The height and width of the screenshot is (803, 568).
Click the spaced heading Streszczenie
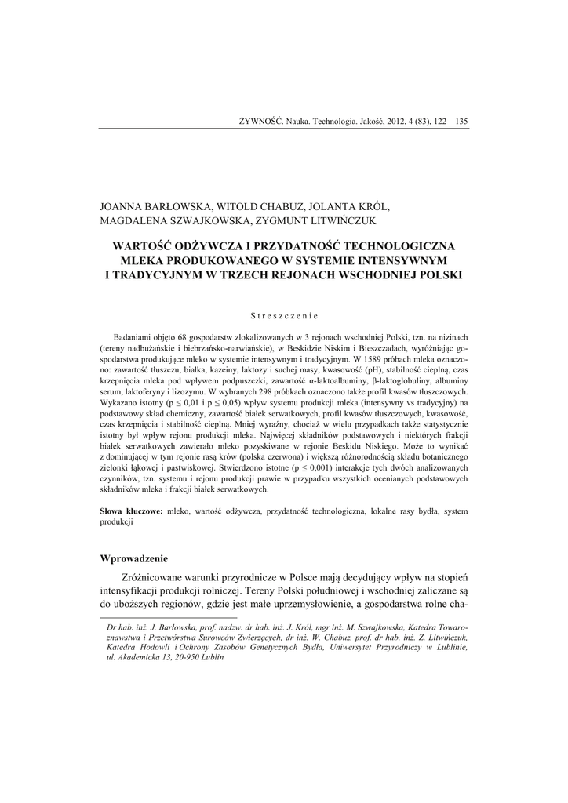pos(283,316)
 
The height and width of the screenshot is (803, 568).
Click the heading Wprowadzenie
pos(133,558)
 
